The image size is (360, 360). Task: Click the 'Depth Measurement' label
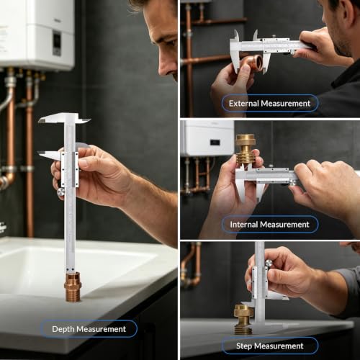[x=89, y=329]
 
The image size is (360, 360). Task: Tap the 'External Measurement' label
[x=270, y=104]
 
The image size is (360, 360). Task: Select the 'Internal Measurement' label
[x=270, y=225]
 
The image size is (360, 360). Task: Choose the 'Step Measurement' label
[x=270, y=346]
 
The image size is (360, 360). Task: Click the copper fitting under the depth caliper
[x=73, y=287]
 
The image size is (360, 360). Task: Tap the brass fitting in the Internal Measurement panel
[x=245, y=150]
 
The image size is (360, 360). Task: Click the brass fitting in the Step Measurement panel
[x=243, y=319]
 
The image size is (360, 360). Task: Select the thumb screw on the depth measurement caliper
[x=61, y=192]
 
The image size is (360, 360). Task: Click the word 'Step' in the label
[x=244, y=346]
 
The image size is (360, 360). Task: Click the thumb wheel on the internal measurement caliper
[x=292, y=183]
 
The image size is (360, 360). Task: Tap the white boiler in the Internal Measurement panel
[x=207, y=138]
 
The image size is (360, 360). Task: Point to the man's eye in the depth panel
[x=171, y=43]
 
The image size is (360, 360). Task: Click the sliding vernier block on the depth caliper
[x=70, y=169]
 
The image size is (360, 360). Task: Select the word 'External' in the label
[x=244, y=104]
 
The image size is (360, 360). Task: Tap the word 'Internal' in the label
[x=244, y=225]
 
